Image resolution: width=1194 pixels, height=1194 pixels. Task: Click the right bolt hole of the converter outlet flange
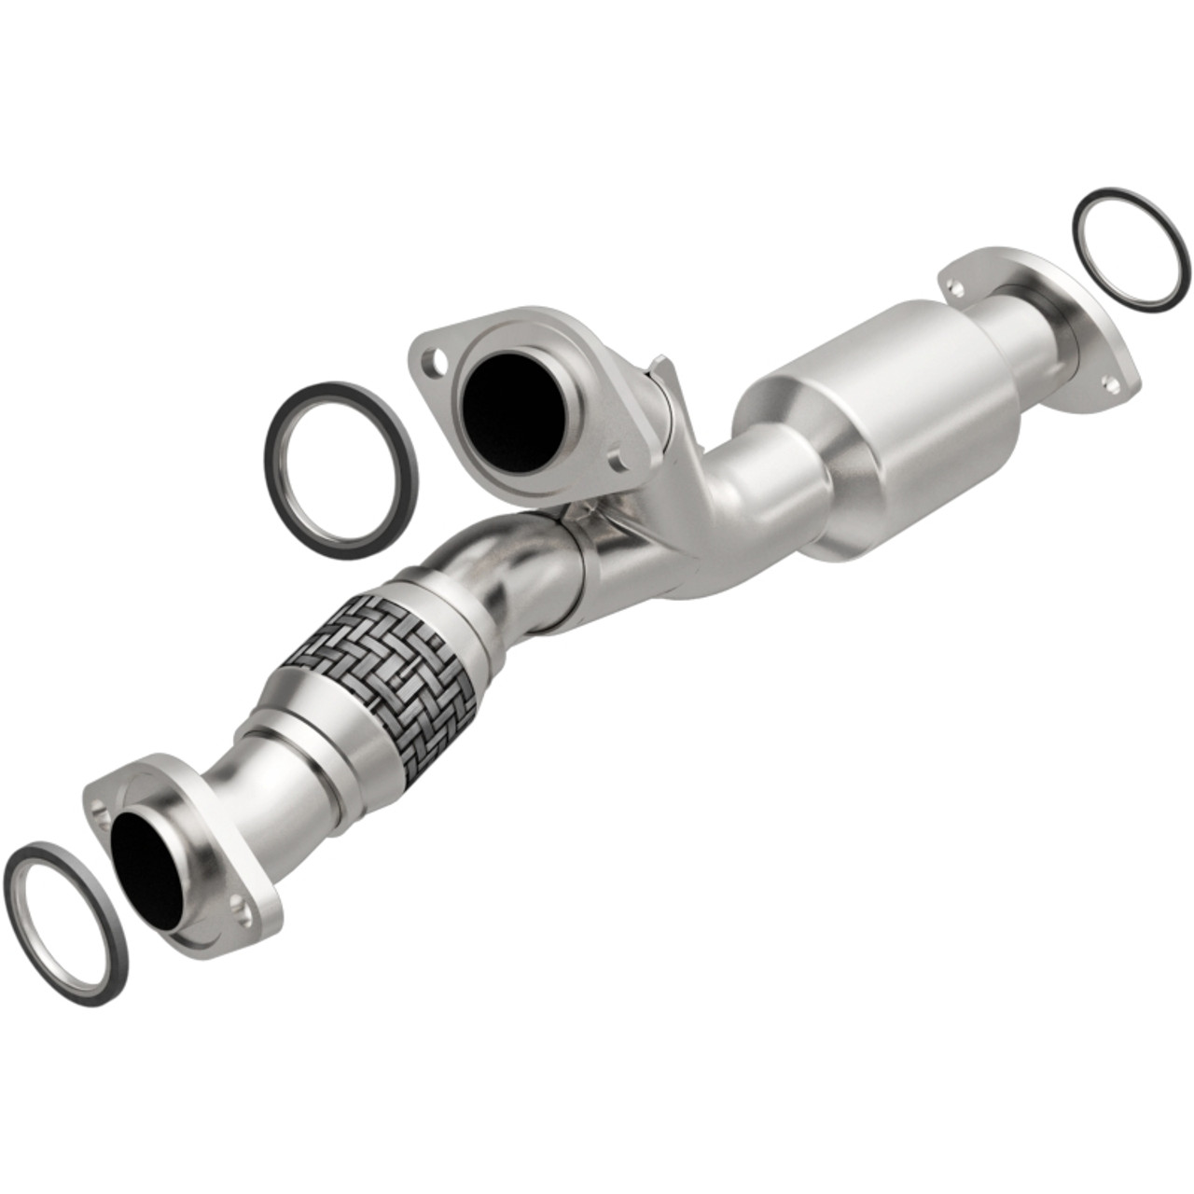pos(1109,382)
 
